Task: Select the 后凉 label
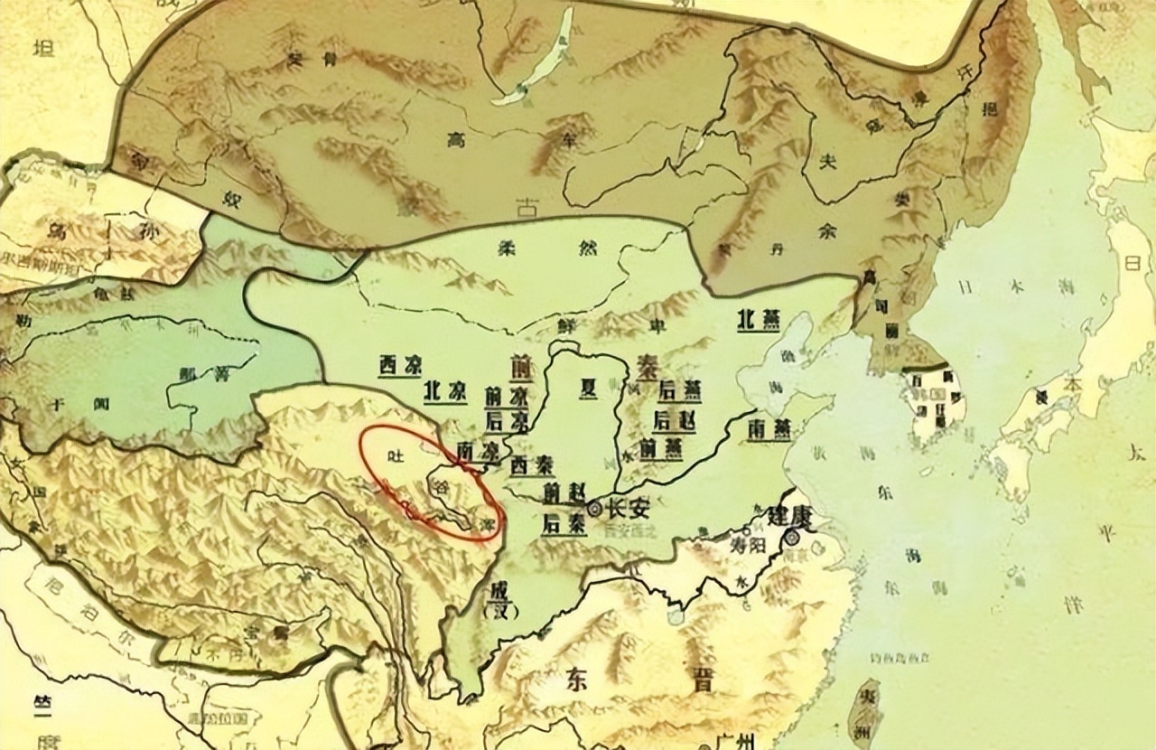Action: tap(508, 421)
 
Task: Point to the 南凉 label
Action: tap(479, 448)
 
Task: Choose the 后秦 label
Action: tap(563, 522)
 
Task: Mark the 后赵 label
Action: tap(673, 419)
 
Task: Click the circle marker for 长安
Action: tap(594, 510)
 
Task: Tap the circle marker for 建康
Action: tap(792, 538)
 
